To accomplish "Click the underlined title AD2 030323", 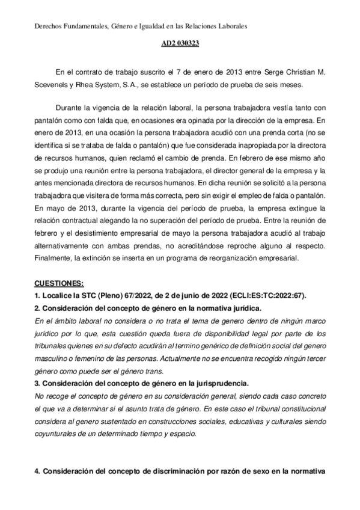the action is (x=180, y=44).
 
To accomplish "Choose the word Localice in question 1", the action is (x=58, y=295).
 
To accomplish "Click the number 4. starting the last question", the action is (x=37, y=472).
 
